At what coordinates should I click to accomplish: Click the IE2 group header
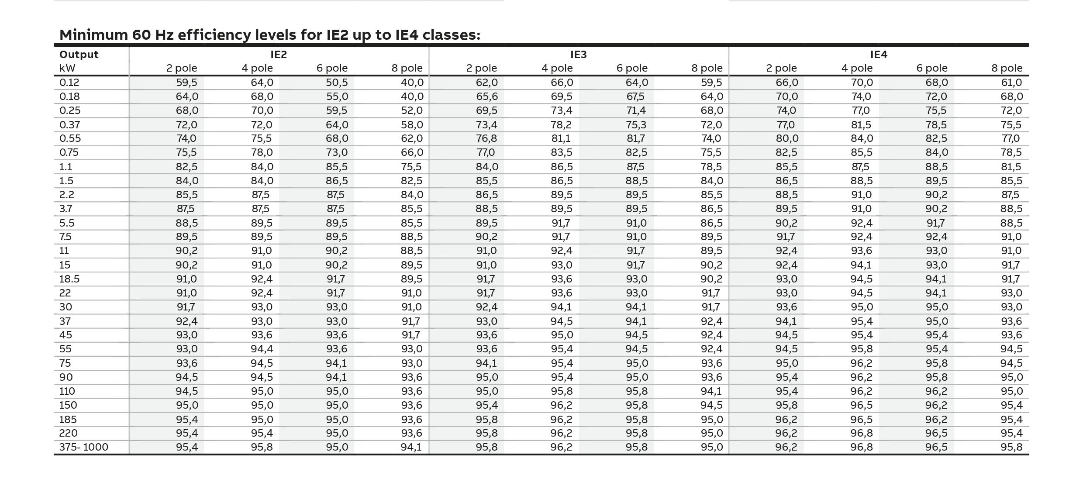pos(279,55)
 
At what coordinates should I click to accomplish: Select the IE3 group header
pos(579,55)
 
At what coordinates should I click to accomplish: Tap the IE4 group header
pos(879,55)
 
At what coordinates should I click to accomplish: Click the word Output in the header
pos(79,55)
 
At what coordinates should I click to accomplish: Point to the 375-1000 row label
pos(84,447)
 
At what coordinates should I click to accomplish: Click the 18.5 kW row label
pos(69,279)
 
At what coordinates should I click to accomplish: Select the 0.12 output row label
pos(69,83)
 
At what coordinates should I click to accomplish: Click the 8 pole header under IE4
pos(1007,68)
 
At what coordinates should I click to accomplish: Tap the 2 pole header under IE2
pos(182,68)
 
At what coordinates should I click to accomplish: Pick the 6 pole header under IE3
pos(632,68)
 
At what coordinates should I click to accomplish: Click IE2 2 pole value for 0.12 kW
pos(187,83)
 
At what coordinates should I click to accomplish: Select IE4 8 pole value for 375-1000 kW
pos(1012,447)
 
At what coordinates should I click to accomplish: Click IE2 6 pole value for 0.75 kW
pos(337,152)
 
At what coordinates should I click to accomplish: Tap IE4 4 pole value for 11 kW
pos(861,251)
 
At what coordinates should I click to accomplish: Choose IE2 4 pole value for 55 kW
pos(262,349)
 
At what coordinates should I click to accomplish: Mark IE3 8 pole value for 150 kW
pos(711,405)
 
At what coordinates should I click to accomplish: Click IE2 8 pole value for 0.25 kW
pos(412,110)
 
